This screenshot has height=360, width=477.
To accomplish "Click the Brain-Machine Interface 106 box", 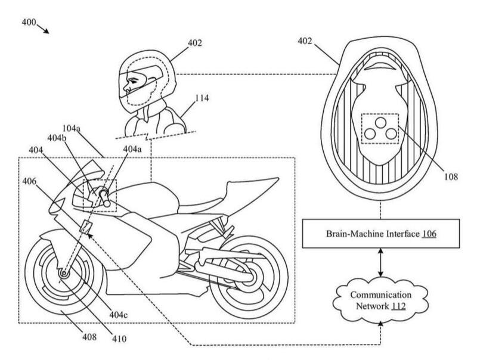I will (380, 234).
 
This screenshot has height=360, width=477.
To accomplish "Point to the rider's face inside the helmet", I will (132, 84).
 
